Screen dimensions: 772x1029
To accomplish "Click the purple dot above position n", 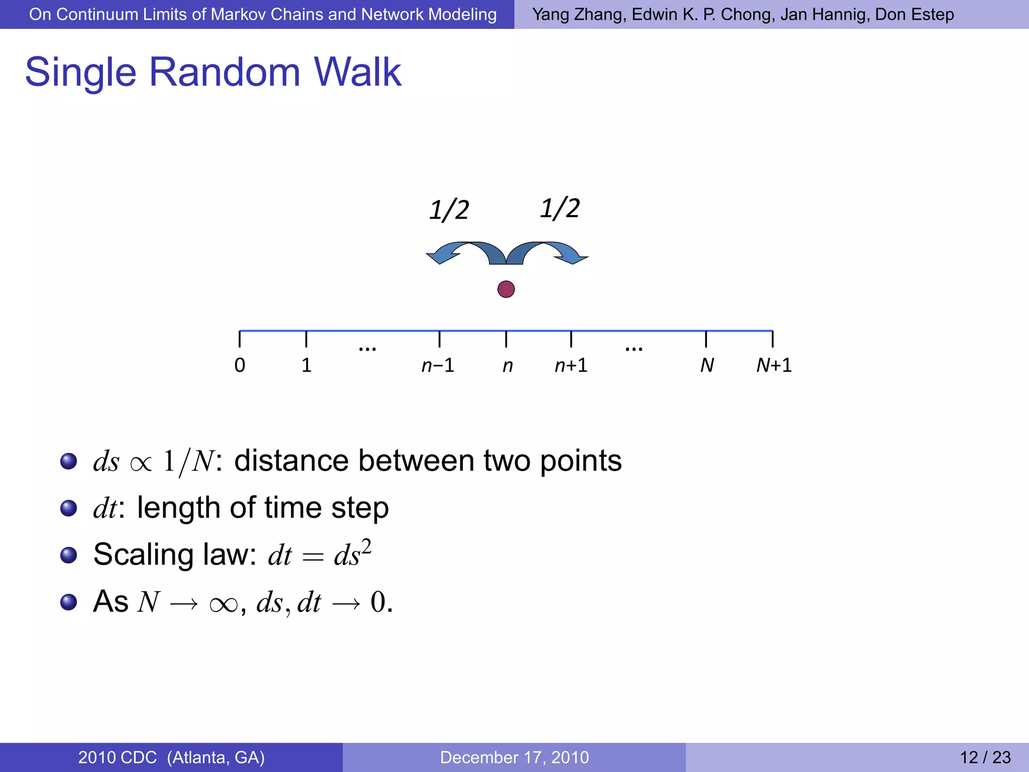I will point(506,289).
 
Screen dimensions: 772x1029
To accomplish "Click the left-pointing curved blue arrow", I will point(457,252).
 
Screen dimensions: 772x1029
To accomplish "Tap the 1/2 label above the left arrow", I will point(449,210).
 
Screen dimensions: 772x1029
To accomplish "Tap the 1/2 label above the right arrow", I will point(560,208).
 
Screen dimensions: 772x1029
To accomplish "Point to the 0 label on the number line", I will point(240,365).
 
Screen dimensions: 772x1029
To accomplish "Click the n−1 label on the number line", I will point(438,365).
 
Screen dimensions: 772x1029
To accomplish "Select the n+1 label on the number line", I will point(571,365).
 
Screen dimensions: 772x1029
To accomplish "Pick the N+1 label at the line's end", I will point(774,365).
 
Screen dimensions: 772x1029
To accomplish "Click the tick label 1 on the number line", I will point(306,365).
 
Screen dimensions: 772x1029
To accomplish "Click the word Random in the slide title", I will point(225,72).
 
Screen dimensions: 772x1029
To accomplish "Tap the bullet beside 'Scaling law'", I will point(68,555).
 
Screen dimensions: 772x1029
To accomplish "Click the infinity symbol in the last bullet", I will point(224,604).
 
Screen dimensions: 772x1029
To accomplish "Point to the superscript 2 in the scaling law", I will point(366,546).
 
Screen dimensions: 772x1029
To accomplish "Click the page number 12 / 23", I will point(985,757).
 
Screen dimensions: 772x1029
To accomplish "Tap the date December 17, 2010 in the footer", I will point(514,757).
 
